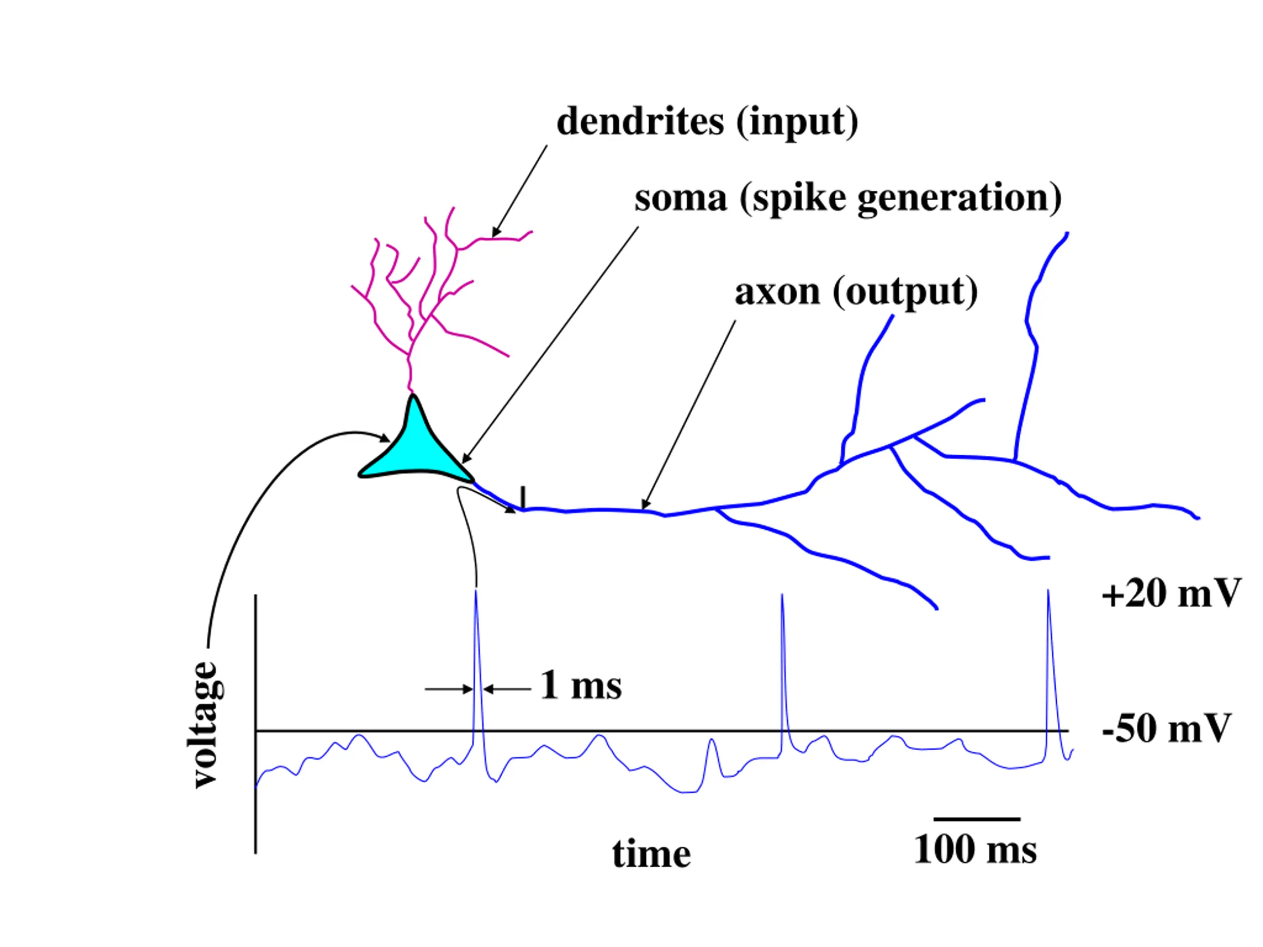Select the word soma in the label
click(x=681, y=198)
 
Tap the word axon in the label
click(x=777, y=291)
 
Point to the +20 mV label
click(x=1171, y=594)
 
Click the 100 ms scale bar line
click(x=976, y=819)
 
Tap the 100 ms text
click(x=975, y=850)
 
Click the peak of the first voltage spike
click(x=476, y=592)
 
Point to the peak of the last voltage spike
click(x=1048, y=592)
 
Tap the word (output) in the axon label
click(x=905, y=291)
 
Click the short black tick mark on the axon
click(x=522, y=496)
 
